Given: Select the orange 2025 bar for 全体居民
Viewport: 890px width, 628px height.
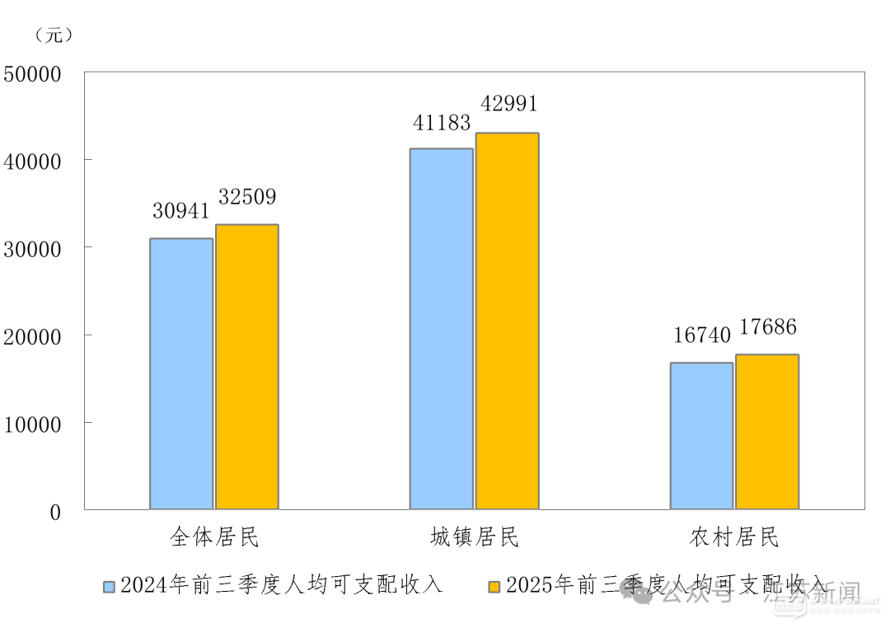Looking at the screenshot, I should (x=247, y=367).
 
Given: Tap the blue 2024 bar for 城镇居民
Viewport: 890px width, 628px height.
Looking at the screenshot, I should (x=442, y=329).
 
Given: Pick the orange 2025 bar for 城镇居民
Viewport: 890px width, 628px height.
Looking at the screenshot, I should (x=508, y=321).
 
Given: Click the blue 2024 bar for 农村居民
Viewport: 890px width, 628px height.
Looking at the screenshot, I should (x=701, y=436).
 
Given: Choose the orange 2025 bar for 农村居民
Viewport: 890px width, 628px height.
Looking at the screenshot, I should (x=767, y=432).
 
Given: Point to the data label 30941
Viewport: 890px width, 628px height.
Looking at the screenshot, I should (x=181, y=211).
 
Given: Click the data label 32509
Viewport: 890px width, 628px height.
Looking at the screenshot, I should (x=247, y=197).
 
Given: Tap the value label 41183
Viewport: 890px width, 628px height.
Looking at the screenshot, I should (x=442, y=123).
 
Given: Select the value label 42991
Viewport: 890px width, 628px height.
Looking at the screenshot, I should (x=508, y=104).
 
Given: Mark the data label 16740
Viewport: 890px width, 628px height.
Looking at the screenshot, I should (x=702, y=335).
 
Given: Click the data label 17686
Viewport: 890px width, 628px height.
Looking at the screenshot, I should (x=768, y=327).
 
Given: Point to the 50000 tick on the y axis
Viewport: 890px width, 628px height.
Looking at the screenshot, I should (x=33, y=74).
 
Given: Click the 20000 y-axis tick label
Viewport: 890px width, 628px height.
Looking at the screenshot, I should (x=33, y=336).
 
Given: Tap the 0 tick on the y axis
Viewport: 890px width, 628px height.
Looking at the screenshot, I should (x=55, y=512).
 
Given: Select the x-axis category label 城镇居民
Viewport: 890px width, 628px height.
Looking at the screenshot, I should (x=475, y=538).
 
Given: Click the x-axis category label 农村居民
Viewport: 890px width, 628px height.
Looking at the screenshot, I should (x=734, y=538).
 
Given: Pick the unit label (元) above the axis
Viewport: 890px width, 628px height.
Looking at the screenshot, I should (x=54, y=35).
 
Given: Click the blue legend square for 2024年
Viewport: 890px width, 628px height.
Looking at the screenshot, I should (x=109, y=587).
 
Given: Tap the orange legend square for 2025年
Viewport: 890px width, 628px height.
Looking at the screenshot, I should (x=494, y=587).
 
